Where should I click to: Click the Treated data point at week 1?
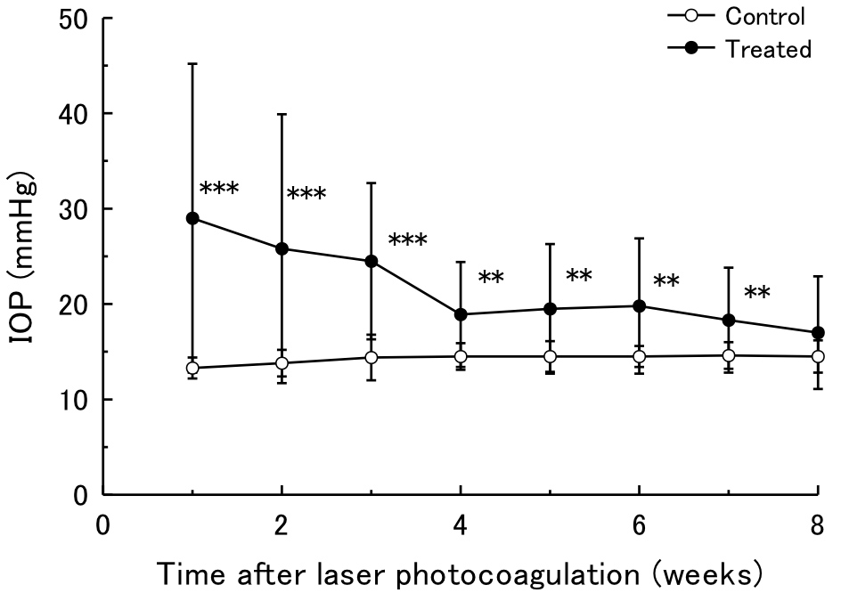193,218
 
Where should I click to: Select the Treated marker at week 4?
461,314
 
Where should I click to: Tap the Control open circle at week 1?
193,368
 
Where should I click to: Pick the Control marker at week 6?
640,356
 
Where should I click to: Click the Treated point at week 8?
818,333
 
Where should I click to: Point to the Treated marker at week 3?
372,261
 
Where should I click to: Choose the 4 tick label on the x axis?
461,525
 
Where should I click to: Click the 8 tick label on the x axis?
818,525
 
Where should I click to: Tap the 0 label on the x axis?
104,525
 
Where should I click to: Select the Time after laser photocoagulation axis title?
461,571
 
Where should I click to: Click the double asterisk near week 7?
757,292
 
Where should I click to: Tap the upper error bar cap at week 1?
193,64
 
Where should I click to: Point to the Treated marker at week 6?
640,305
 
